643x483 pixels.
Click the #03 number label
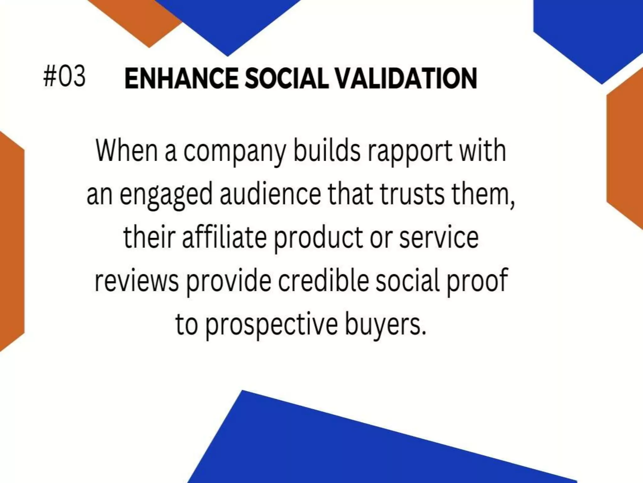64,76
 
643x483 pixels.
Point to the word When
127,151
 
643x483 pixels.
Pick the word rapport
410,152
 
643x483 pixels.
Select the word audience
270,194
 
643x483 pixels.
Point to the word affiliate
224,237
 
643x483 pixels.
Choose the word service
439,237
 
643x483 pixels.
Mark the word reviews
137,281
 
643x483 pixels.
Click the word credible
323,280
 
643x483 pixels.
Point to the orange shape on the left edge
11,242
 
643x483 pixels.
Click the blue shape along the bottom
345,447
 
